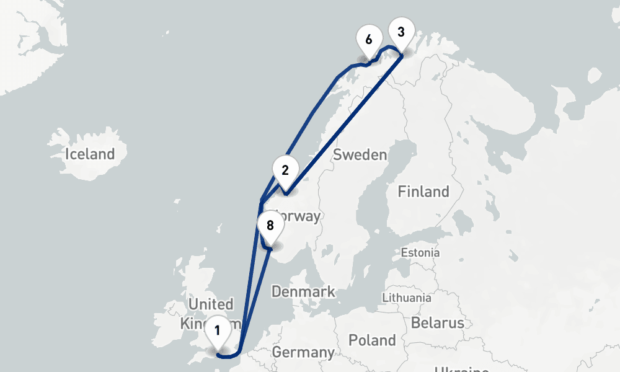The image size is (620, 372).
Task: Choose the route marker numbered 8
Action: [x=270, y=226]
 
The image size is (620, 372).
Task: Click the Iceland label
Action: [x=91, y=154]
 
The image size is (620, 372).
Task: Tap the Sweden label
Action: [x=360, y=154]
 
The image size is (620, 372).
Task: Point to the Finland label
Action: [x=423, y=192]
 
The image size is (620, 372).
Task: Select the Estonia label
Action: [x=420, y=253]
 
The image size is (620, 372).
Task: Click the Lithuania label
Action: [x=407, y=298]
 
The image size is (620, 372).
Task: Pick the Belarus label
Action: [x=437, y=323]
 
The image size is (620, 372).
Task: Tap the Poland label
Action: [x=372, y=340]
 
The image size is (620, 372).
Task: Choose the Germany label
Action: [x=303, y=353]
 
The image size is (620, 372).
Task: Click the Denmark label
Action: [x=303, y=291]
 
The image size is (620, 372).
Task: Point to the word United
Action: [x=211, y=304]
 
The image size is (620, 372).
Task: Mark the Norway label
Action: [x=299, y=216]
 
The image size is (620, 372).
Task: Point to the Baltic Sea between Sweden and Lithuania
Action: [x=372, y=279]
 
